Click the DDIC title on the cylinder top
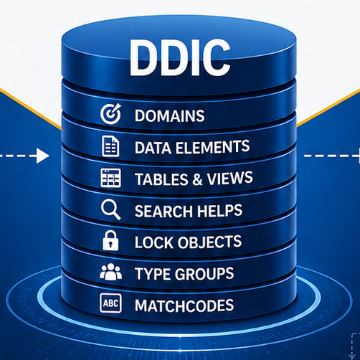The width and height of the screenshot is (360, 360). pyautogui.click(x=180, y=57)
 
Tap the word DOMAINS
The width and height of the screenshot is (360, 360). pyautogui.click(x=169, y=116)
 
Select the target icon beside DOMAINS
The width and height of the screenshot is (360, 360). pyautogui.click(x=111, y=114)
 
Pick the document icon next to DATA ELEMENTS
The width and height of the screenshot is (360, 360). pyautogui.click(x=110, y=146)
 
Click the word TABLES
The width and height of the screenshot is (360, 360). pyautogui.click(x=161, y=179)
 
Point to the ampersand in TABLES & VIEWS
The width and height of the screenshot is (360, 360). pyautogui.click(x=197, y=179)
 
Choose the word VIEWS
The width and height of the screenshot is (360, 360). pyautogui.click(x=229, y=178)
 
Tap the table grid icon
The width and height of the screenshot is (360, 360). pyautogui.click(x=110, y=178)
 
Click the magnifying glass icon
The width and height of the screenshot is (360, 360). pyautogui.click(x=110, y=209)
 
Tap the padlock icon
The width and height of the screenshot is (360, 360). pyautogui.click(x=110, y=240)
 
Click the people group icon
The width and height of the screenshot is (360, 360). pyautogui.click(x=110, y=272)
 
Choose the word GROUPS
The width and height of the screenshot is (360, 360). pyautogui.click(x=204, y=274)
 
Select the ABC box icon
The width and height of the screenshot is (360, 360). pyautogui.click(x=110, y=303)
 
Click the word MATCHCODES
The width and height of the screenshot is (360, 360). pyautogui.click(x=184, y=305)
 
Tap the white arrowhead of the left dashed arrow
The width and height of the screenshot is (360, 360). pyautogui.click(x=43, y=156)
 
